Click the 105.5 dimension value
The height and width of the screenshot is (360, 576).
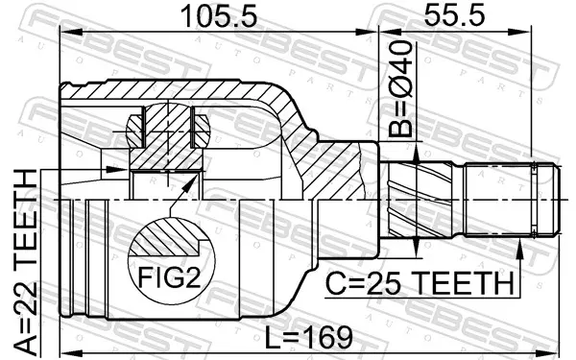(x=219, y=16)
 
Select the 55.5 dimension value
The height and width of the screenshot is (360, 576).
(x=454, y=14)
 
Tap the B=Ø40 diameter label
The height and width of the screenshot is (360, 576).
(x=400, y=88)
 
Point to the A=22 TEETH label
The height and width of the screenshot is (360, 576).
(x=25, y=262)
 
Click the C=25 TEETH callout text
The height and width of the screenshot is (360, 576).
(x=420, y=283)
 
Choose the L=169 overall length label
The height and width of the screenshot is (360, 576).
(x=308, y=337)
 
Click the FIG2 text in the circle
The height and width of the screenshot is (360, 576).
(x=169, y=277)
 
